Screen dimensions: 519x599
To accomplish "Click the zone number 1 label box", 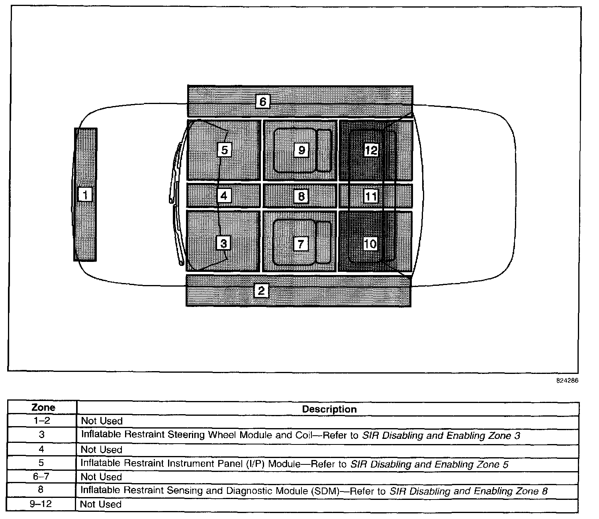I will (x=85, y=195).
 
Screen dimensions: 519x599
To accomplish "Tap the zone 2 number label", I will (x=261, y=291).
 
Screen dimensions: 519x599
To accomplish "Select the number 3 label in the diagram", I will (x=223, y=243).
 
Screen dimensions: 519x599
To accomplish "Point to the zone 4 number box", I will (x=224, y=196).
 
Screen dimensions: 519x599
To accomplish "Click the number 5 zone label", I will (x=224, y=150).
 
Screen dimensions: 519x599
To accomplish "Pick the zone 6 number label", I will (x=262, y=102).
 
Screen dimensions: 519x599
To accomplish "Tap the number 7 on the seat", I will (x=301, y=243).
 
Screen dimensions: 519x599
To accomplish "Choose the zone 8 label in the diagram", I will (x=301, y=196).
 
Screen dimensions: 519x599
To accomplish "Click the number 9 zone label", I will (x=301, y=150).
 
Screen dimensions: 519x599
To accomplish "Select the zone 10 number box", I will (x=370, y=243).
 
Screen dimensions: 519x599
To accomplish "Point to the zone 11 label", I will (x=371, y=196).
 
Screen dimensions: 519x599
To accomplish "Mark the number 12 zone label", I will (x=371, y=150).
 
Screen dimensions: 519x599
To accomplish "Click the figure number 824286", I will (x=567, y=381).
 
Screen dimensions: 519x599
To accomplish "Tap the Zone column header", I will (x=43, y=407).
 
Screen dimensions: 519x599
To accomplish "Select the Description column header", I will (x=329, y=409).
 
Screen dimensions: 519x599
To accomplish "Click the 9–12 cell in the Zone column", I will (x=41, y=504).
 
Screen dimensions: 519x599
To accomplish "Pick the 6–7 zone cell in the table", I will (x=41, y=476).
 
